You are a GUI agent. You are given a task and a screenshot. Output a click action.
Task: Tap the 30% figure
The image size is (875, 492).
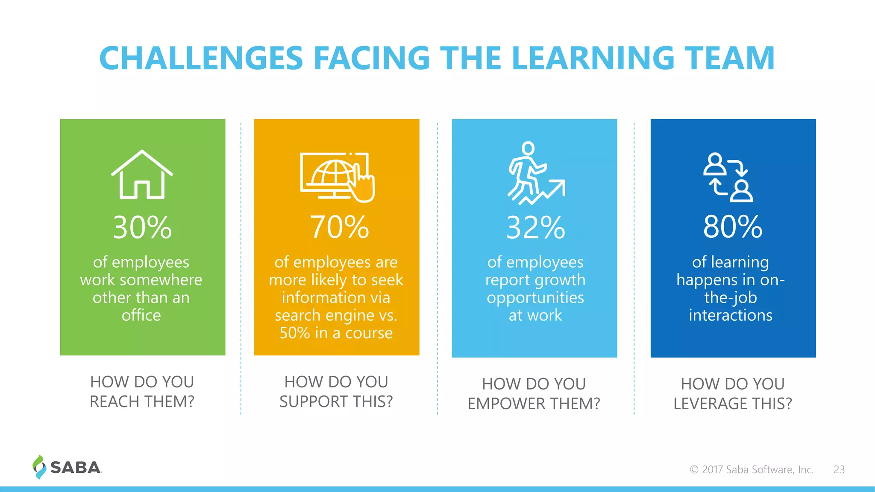[x=142, y=227]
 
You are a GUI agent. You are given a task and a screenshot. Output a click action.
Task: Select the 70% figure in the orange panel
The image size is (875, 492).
[x=339, y=227]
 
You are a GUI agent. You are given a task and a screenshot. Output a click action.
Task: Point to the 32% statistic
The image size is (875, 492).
[x=535, y=228]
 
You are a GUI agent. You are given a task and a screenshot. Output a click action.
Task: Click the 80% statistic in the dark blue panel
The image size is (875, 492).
[x=733, y=227]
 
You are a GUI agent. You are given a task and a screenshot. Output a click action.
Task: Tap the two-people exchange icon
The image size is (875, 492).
[x=728, y=177]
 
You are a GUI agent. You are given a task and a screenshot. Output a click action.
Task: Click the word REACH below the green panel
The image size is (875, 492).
[x=113, y=402]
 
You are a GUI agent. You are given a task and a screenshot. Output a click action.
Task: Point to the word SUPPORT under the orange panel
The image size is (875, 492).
[x=313, y=402]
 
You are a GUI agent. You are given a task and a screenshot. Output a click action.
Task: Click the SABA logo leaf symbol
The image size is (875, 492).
[x=39, y=467]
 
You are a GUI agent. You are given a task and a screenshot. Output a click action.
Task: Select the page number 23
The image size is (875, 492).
[x=839, y=469]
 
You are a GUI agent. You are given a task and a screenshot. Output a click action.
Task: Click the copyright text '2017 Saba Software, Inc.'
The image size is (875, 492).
[x=757, y=469]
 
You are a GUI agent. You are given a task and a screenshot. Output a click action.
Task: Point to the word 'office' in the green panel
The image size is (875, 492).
[x=141, y=315]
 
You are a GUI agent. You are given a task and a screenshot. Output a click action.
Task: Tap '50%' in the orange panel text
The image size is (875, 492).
[x=295, y=333]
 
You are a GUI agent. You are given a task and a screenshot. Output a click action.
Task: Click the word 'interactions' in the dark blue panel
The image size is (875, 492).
[x=730, y=315]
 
